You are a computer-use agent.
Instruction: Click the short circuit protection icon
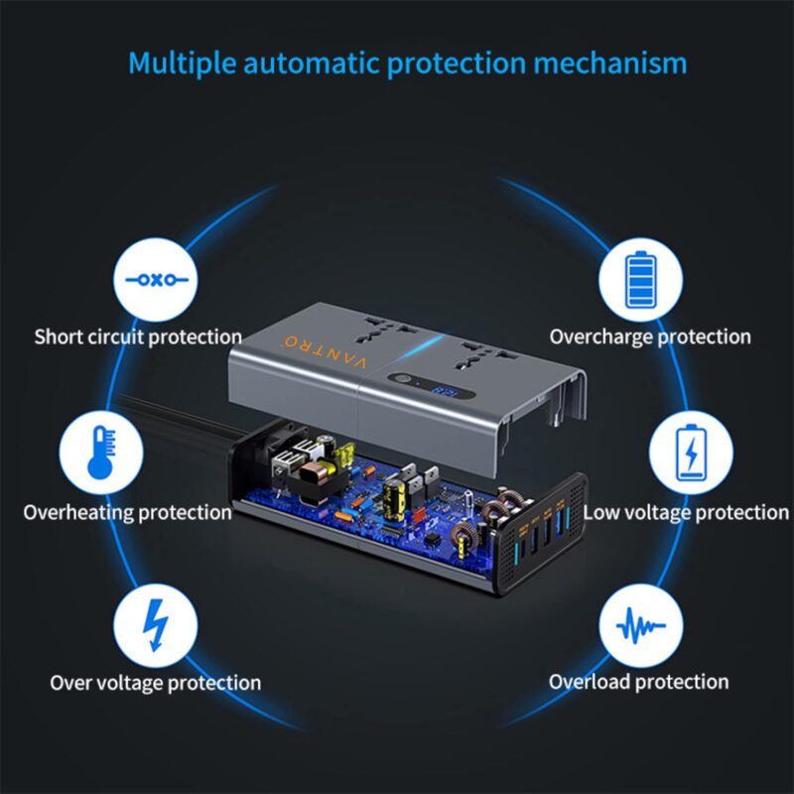156,280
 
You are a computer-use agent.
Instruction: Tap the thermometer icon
100,453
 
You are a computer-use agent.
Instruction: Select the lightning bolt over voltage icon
155,623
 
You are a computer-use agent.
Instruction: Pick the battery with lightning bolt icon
691,452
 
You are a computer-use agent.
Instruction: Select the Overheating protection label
127,513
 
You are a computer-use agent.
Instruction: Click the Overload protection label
638,682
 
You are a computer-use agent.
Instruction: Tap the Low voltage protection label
685,513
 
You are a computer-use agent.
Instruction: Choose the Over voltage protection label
156,683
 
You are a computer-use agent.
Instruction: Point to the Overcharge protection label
650,337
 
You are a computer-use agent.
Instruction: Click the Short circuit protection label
138,337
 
